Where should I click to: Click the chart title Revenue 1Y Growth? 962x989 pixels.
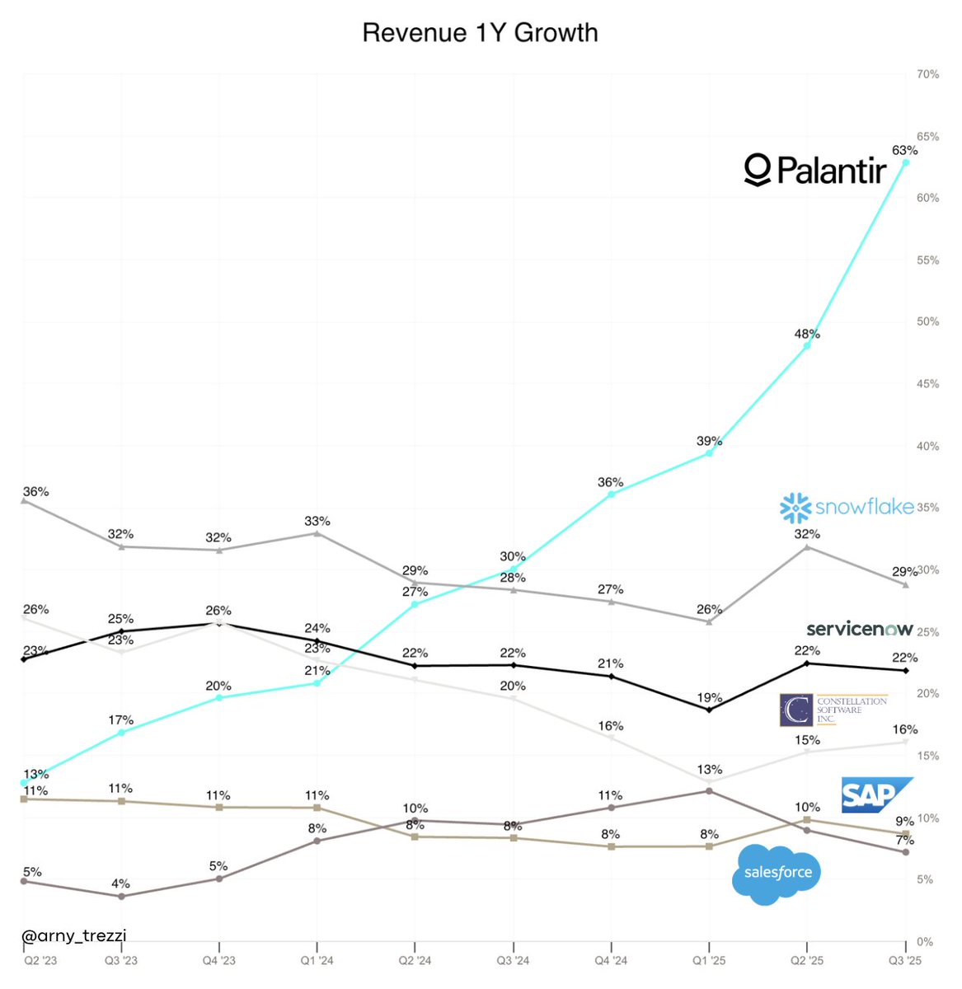point(480,33)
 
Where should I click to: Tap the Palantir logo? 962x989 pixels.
point(815,170)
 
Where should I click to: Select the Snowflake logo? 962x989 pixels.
point(847,508)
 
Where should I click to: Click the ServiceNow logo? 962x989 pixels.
point(859,629)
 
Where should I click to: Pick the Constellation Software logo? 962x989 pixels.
point(833,710)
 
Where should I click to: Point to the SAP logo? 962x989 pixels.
point(875,794)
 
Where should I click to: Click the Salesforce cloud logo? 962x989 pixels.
point(777,874)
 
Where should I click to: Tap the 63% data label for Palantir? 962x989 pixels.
point(904,150)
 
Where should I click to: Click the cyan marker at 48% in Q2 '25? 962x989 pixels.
point(807,346)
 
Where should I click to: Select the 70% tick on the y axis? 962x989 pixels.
point(927,74)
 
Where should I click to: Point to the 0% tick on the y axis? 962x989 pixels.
point(925,941)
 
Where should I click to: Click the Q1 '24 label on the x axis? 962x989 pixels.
point(317,961)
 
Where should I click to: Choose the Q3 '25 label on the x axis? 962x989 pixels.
point(904,961)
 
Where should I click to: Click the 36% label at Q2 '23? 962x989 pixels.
point(35,491)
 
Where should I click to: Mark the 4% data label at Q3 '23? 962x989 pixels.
point(121,884)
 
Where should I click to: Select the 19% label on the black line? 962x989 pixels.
point(709,697)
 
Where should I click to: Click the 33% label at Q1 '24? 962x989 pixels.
point(317,521)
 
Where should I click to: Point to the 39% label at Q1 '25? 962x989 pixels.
point(709,441)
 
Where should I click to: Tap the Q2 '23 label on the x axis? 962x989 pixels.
point(40,961)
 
